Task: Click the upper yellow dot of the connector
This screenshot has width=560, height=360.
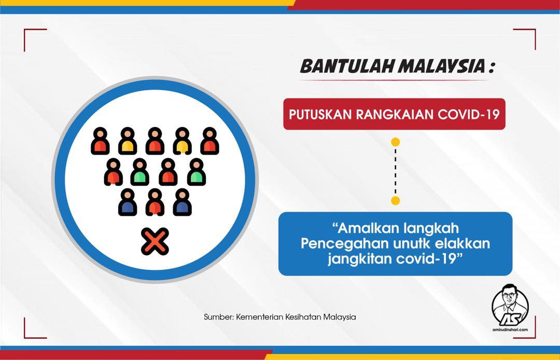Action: click(395, 142)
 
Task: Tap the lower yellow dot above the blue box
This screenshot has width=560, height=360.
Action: click(395, 200)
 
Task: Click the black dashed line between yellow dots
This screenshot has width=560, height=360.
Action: click(395, 171)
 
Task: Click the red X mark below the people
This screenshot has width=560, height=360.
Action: click(155, 241)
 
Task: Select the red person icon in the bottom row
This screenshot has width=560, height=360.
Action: click(155, 202)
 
